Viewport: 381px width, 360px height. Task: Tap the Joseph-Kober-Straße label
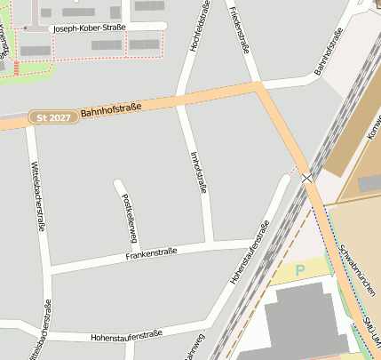[x=90, y=28]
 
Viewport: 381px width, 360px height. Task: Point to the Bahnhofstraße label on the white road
[x=329, y=54]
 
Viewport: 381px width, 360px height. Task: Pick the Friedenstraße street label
[x=238, y=26]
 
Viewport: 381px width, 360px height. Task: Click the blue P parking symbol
[x=299, y=269]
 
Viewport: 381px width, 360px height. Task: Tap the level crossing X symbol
[x=307, y=179]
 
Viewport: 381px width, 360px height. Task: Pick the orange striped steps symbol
[x=16, y=68]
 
